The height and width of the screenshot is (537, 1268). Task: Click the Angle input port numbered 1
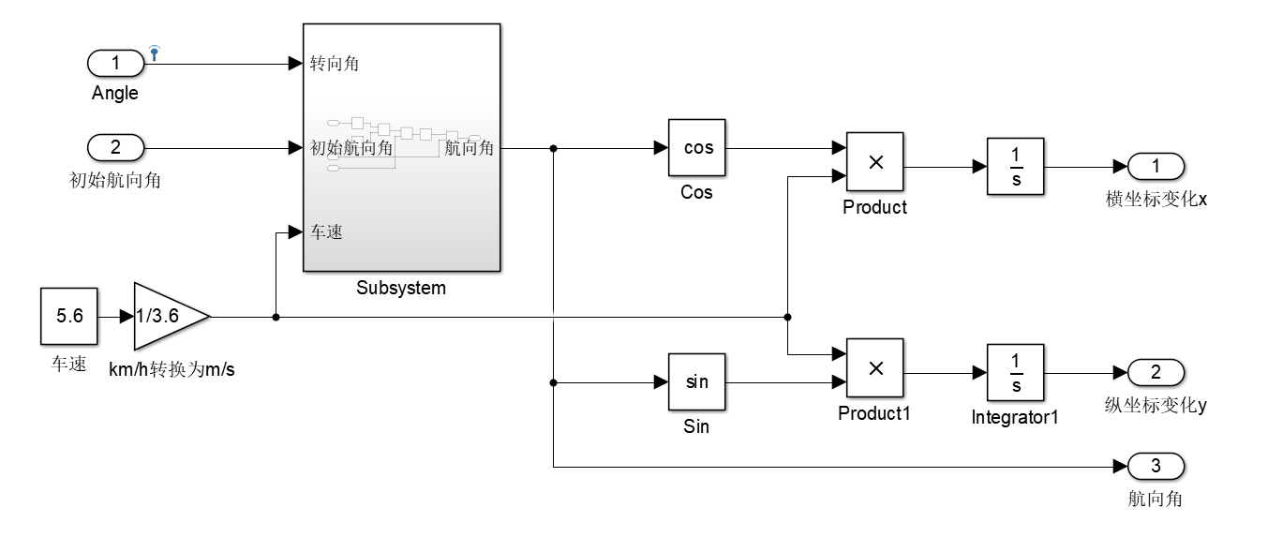pyautogui.click(x=116, y=64)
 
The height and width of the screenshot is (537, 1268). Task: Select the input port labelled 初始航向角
pyautogui.click(x=116, y=148)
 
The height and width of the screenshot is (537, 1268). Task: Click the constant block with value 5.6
pyautogui.click(x=69, y=317)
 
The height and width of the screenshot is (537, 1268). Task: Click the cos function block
pyautogui.click(x=697, y=148)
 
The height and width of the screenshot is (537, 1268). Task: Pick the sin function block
pyautogui.click(x=697, y=381)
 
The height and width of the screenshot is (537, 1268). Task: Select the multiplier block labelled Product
pyautogui.click(x=875, y=162)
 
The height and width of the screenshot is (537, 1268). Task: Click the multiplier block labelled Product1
pyautogui.click(x=875, y=367)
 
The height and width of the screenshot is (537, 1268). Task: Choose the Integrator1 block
pyautogui.click(x=1015, y=373)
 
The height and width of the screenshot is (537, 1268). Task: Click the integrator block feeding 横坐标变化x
pyautogui.click(x=1015, y=167)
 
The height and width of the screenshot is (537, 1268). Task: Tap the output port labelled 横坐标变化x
pyautogui.click(x=1156, y=167)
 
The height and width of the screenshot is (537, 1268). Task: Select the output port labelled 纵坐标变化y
pyautogui.click(x=1156, y=373)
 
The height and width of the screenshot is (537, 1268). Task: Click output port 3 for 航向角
pyautogui.click(x=1156, y=466)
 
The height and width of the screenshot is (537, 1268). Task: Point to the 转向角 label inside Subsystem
pyautogui.click(x=336, y=65)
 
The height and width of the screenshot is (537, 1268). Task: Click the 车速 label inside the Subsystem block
pyautogui.click(x=327, y=232)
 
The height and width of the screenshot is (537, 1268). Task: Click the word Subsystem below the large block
pyautogui.click(x=401, y=289)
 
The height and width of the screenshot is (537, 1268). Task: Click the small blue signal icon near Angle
pyautogui.click(x=155, y=52)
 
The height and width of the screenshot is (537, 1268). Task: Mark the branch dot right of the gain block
pyautogui.click(x=276, y=317)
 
